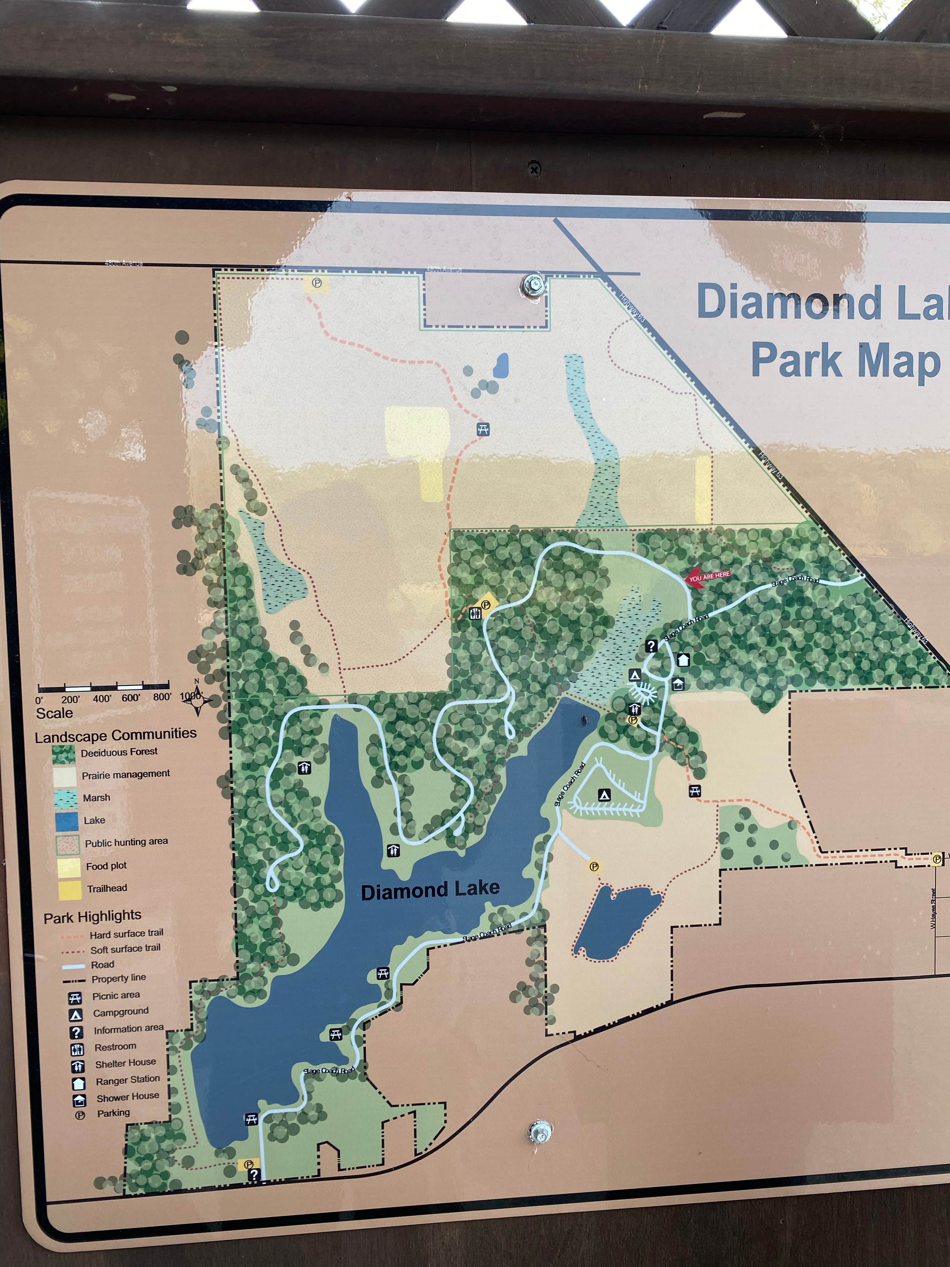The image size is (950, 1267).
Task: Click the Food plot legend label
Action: tap(106, 866)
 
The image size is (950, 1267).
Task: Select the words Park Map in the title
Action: tap(845, 361)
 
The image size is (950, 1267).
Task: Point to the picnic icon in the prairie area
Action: tap(483, 429)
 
